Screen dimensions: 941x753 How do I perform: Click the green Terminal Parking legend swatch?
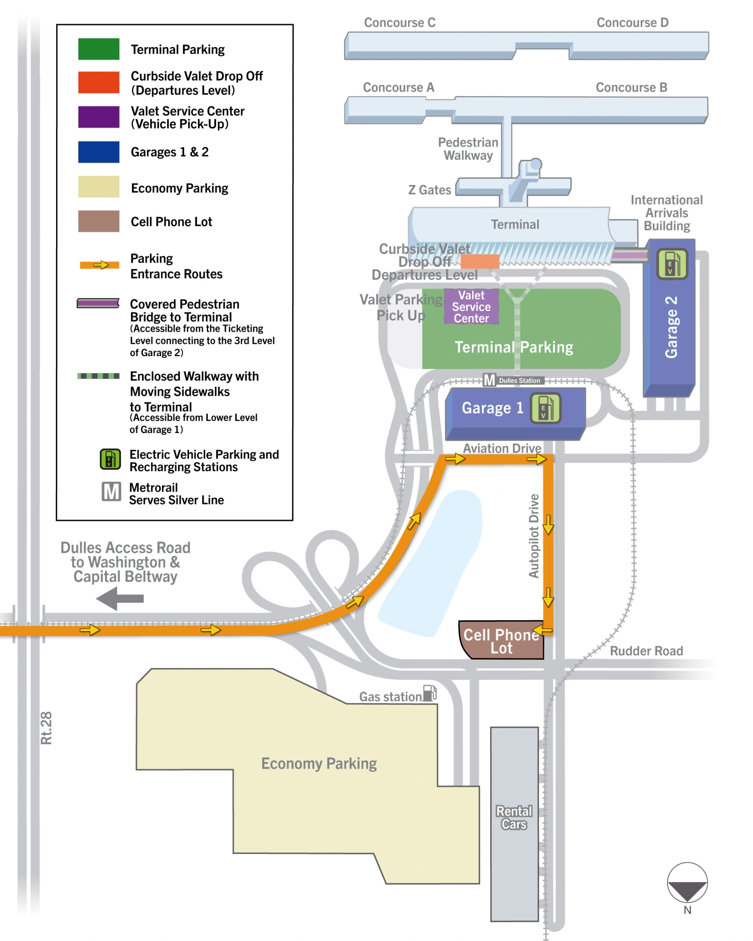tap(98, 49)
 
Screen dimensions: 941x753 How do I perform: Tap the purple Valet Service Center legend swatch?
tap(98, 117)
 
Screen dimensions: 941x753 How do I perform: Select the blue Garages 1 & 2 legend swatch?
tap(98, 152)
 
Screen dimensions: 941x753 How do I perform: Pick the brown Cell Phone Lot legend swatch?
tap(98, 221)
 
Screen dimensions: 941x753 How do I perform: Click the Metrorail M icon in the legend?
tap(111, 492)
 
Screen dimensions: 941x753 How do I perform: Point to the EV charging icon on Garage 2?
tap(672, 264)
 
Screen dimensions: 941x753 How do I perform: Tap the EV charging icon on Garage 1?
tap(545, 408)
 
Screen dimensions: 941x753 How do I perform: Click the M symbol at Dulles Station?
tap(489, 380)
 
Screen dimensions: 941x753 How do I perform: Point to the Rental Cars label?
tap(514, 818)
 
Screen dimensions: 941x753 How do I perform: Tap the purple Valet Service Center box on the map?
tap(471, 306)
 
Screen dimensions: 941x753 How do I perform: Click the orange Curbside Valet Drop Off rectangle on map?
tap(480, 261)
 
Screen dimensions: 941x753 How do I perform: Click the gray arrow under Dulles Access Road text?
tap(120, 598)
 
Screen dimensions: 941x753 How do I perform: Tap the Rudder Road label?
tap(646, 651)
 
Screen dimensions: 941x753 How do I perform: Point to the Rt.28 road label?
tap(46, 727)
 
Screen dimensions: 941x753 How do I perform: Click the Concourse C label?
tap(399, 23)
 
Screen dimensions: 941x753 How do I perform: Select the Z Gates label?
tap(429, 190)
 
